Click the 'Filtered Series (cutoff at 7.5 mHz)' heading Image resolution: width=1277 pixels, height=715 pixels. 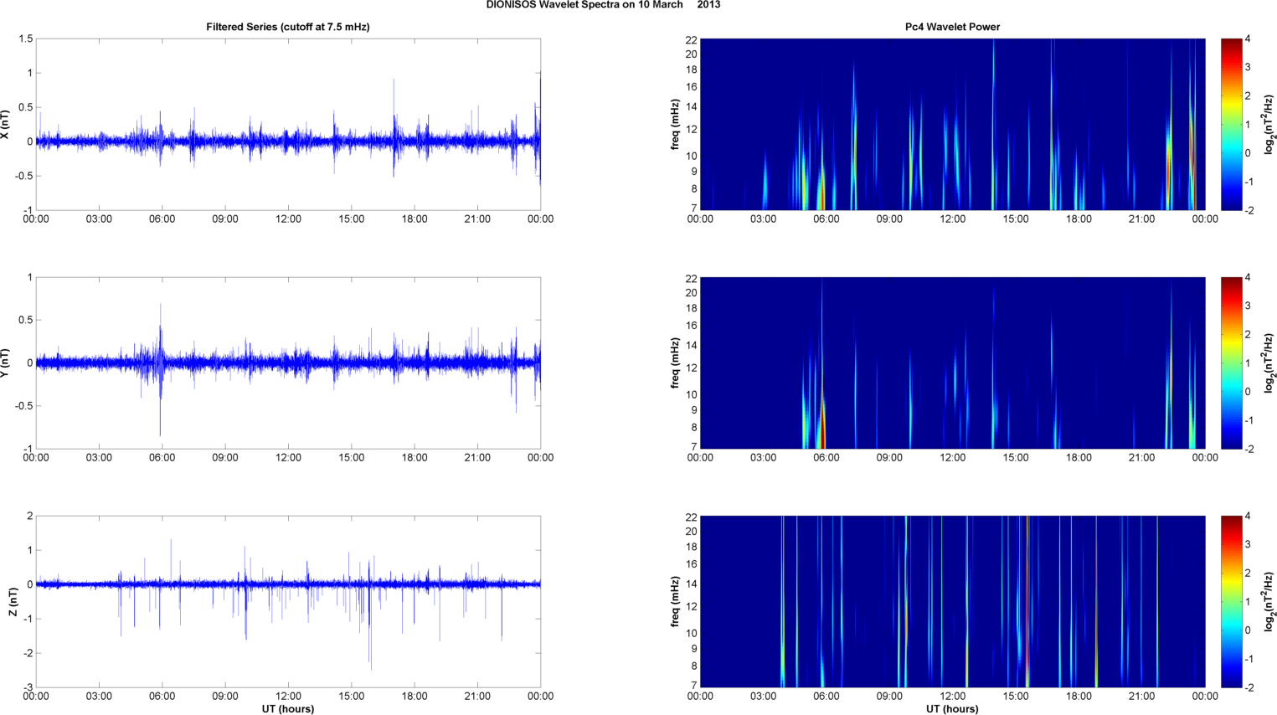coord(288,27)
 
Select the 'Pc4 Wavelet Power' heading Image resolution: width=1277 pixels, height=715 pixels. coord(952,27)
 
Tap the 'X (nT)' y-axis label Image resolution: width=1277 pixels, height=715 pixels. coord(6,125)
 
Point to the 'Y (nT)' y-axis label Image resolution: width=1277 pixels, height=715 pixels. coord(6,363)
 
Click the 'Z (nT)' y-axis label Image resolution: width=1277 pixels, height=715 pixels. coord(12,602)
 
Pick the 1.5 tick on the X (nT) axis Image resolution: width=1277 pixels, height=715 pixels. coord(25,39)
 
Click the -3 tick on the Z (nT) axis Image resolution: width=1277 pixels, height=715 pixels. coord(28,687)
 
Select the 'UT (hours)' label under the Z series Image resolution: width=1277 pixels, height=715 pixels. coord(288,708)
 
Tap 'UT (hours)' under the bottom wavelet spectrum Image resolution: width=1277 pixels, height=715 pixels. coord(952,708)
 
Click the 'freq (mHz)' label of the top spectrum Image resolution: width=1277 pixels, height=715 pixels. coord(674,125)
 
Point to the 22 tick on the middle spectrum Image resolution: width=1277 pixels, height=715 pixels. coord(691,278)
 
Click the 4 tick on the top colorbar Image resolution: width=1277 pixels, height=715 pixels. coord(1248,39)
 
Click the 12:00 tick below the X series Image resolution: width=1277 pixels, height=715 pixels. coord(288,219)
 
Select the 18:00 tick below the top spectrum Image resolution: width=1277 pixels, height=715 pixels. coord(1079,219)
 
